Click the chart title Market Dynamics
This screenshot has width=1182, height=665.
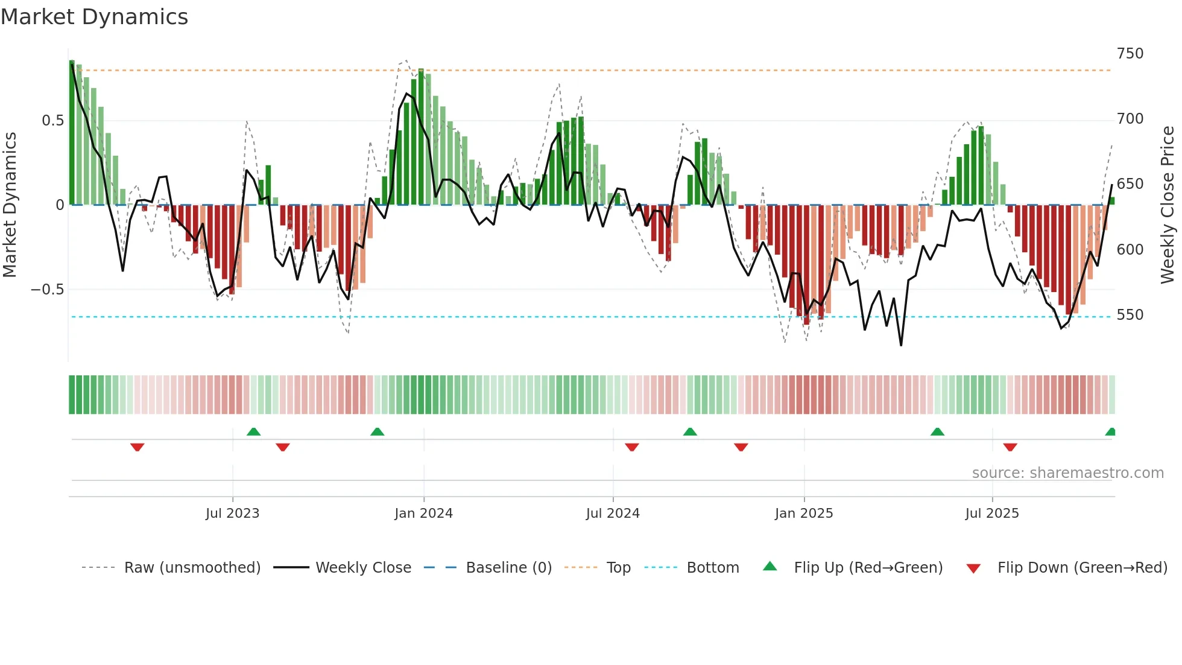tap(95, 17)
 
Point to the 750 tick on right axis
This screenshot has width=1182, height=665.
tap(1130, 54)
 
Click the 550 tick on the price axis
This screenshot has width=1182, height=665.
tap(1130, 315)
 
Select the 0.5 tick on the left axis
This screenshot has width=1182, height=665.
tap(52, 121)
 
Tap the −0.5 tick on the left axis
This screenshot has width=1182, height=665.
tap(47, 290)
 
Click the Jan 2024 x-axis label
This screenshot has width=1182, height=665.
tap(423, 514)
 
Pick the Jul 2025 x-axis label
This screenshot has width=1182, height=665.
tap(991, 514)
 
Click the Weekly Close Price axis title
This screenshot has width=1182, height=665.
tap(1168, 205)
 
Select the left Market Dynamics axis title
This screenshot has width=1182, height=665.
tap(10, 205)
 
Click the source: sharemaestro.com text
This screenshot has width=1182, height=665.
tap(1067, 473)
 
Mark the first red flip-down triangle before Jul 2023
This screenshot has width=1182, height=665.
tap(137, 447)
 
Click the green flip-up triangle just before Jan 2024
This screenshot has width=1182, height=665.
tap(377, 431)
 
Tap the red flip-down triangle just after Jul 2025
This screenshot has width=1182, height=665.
tap(1010, 447)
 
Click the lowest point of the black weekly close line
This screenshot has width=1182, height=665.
tap(901, 345)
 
